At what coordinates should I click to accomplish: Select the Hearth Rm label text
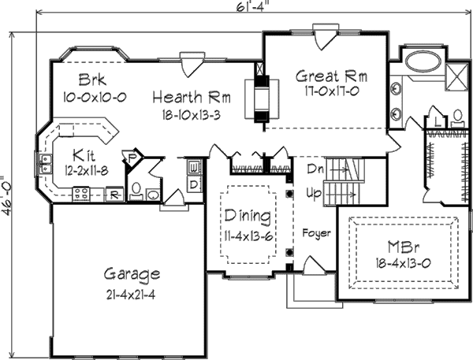(192, 98)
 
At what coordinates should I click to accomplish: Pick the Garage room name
(132, 275)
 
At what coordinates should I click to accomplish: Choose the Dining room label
(248, 216)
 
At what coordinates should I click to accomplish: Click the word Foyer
(316, 234)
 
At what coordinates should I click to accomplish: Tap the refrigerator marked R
(114, 193)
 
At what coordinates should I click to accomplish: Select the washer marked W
(194, 168)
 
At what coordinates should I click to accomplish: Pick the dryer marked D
(194, 184)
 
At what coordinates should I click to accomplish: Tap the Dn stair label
(314, 168)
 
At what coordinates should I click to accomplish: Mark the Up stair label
(314, 191)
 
